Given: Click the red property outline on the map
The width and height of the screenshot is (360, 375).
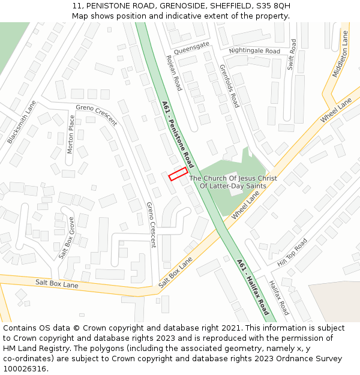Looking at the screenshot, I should (178, 175).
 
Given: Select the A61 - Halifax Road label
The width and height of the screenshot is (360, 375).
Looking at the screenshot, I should (253, 286).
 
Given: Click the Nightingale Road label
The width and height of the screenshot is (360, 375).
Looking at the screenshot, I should (254, 51).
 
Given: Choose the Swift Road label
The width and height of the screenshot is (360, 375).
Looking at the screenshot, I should (292, 55).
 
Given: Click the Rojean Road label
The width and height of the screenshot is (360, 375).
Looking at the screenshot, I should (173, 73).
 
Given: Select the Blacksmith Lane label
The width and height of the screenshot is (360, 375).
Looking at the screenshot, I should (22, 122).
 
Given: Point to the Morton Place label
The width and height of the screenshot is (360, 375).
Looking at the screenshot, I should (71, 134).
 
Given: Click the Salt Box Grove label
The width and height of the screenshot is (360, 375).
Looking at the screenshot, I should (67, 238).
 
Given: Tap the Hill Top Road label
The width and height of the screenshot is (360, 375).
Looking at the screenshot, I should (292, 253).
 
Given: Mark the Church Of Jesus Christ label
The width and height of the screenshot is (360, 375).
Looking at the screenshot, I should (233, 182).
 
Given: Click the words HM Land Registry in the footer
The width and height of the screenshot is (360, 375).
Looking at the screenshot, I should (36, 349).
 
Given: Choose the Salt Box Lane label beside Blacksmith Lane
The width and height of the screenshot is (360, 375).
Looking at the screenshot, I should (56, 283).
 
